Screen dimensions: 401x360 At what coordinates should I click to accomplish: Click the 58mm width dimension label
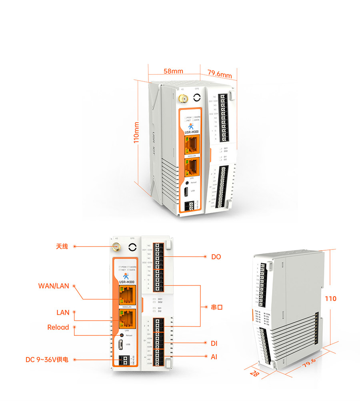coord(173,71)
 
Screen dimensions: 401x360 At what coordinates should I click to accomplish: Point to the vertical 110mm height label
coord(136,133)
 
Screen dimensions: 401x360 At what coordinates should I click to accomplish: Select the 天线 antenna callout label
coord(62,247)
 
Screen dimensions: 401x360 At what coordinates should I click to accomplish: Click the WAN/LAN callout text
coord(54,286)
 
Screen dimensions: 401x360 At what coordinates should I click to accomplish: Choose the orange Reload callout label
coord(58,327)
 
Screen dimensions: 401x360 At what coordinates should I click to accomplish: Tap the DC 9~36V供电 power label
coord(47,360)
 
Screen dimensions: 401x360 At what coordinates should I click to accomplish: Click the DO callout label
coord(216,257)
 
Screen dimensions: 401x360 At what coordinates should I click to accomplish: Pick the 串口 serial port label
coord(217,307)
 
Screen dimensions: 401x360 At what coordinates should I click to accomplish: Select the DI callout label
coord(214,343)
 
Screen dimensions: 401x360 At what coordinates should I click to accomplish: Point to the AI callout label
coord(214,356)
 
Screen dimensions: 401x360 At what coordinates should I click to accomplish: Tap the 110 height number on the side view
coord(330,299)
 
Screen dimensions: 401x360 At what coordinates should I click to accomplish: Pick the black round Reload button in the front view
coord(122,335)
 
